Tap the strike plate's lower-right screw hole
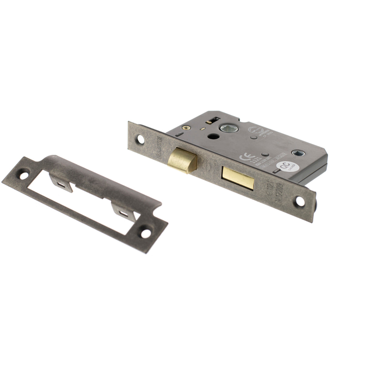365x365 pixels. click(x=146, y=234)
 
